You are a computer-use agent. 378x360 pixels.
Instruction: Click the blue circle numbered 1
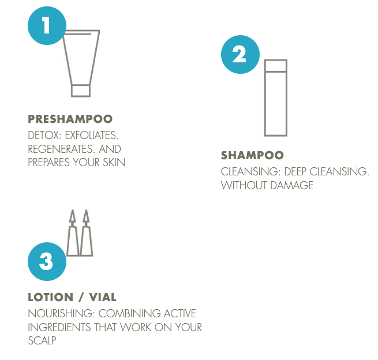(x=47, y=25)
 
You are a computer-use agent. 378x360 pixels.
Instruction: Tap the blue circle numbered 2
(x=240, y=54)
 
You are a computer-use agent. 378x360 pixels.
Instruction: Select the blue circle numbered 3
(x=47, y=261)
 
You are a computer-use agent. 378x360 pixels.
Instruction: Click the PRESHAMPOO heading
(x=70, y=119)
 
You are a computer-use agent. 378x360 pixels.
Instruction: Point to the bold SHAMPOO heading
(x=252, y=155)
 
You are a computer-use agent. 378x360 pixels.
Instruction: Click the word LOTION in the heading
(x=50, y=297)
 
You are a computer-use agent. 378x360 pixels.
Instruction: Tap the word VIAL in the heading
(x=103, y=297)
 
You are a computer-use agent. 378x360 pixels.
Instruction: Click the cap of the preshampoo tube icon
(x=81, y=91)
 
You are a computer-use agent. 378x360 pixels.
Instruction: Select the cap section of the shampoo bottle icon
(x=276, y=66)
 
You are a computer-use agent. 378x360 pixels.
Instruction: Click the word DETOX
(x=44, y=136)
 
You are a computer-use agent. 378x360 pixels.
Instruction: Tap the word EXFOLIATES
(x=92, y=136)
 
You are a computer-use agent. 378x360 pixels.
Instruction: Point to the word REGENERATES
(x=58, y=149)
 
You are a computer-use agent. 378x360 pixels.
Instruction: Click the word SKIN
(x=114, y=163)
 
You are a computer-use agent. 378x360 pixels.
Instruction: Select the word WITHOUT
(x=244, y=186)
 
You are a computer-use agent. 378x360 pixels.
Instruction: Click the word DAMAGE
(x=291, y=186)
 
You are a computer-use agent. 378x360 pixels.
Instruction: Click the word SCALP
(x=42, y=341)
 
